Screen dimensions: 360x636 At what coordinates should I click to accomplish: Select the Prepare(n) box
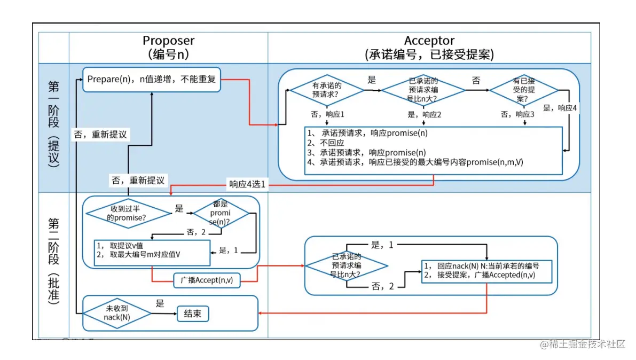pyautogui.click(x=152, y=80)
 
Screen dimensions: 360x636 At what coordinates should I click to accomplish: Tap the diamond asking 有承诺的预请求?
pyautogui.click(x=327, y=90)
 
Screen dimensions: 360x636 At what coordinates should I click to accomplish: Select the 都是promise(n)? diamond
pyautogui.click(x=221, y=213)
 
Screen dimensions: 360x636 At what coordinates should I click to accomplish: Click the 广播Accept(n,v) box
pyautogui.click(x=207, y=280)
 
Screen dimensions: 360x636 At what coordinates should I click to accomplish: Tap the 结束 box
pyautogui.click(x=193, y=314)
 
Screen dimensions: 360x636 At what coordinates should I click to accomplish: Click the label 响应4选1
pyautogui.click(x=247, y=185)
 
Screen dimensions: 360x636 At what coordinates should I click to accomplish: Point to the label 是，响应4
pyautogui.click(x=560, y=107)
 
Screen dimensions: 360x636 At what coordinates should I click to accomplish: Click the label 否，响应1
pyautogui.click(x=327, y=114)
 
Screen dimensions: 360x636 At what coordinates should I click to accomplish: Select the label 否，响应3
pyautogui.click(x=517, y=114)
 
